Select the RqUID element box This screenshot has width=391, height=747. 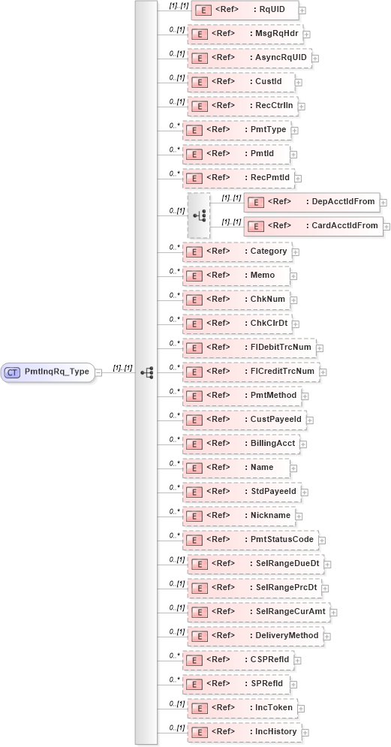point(245,10)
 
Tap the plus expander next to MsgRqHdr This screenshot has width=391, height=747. point(307,35)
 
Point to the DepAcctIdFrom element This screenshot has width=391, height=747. point(311,201)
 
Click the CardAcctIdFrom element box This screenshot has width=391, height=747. point(313,225)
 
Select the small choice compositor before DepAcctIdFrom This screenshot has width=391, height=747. point(199,215)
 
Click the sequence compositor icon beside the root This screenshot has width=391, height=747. point(146,372)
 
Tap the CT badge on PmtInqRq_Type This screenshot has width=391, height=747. point(13,372)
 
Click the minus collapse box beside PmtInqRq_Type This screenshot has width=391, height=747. point(99,372)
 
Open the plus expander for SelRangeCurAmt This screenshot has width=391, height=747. point(333,613)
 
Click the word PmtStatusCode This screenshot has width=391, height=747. point(282,539)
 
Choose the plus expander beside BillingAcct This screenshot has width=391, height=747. point(303,444)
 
